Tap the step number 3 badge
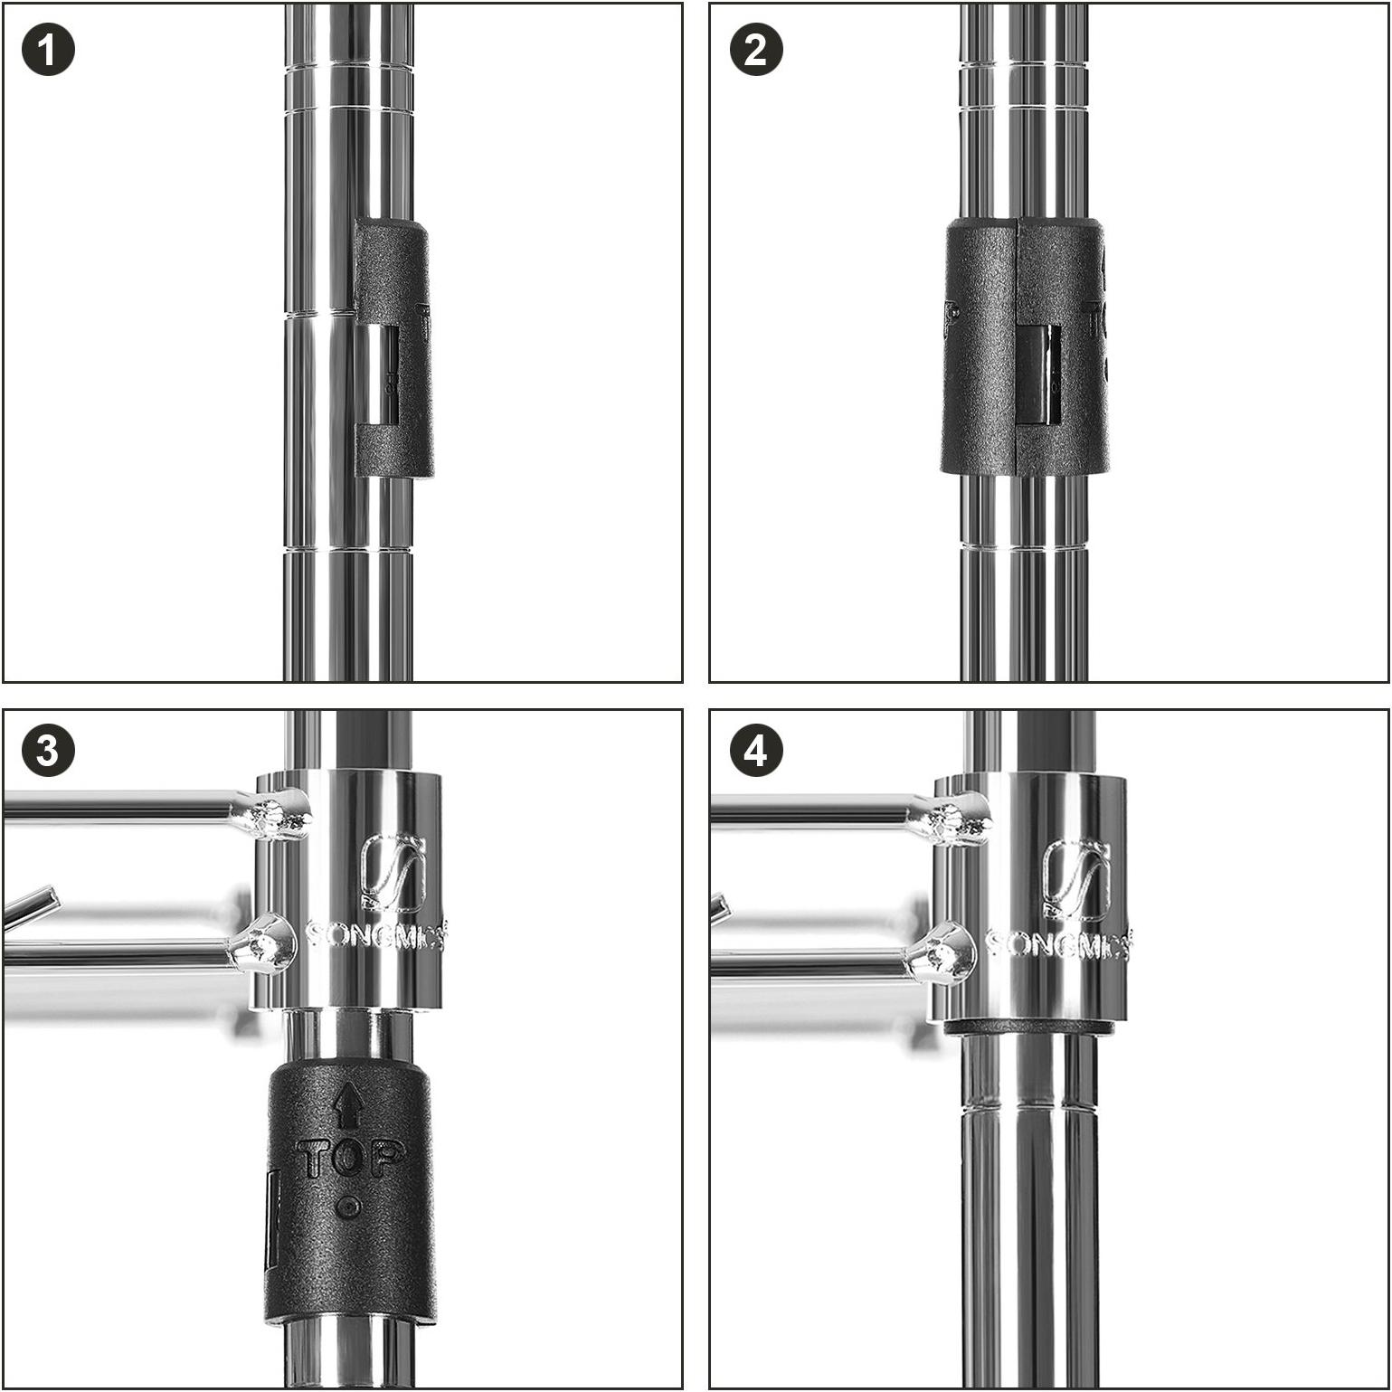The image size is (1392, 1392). click(x=48, y=752)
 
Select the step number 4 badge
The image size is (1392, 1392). click(x=755, y=752)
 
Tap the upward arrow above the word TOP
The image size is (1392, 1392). click(x=350, y=1105)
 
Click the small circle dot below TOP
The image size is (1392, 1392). click(x=349, y=1207)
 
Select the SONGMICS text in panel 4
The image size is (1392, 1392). click(x=1056, y=944)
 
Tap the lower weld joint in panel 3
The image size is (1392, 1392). click(x=263, y=946)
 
